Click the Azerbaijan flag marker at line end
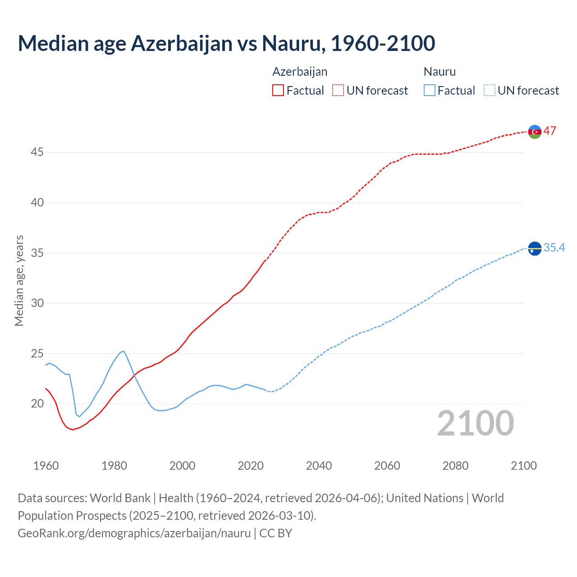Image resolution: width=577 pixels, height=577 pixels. [x=535, y=132]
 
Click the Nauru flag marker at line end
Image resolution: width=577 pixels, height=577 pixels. [x=535, y=248]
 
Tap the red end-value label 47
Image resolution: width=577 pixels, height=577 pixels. [x=550, y=131]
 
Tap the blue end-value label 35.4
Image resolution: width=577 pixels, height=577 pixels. [x=554, y=247]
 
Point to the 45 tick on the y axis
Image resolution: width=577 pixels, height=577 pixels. [x=37, y=152]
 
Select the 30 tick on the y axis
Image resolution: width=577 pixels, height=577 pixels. [x=37, y=303]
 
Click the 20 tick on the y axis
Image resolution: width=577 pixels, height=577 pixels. [x=37, y=404]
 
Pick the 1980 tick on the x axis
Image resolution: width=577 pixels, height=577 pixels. [x=114, y=466]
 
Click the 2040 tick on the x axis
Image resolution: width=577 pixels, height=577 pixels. [x=319, y=466]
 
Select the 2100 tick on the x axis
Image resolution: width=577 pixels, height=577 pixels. [x=523, y=466]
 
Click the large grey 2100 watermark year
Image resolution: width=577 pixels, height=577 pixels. [x=475, y=423]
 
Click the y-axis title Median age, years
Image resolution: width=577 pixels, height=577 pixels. [x=19, y=280]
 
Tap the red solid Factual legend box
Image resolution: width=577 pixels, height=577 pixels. [x=278, y=91]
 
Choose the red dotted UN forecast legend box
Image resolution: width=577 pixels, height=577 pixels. [x=338, y=91]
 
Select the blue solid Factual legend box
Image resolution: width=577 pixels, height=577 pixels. [x=429, y=91]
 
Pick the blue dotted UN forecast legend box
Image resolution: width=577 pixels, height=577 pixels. [x=489, y=91]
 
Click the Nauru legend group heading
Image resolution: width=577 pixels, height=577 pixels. [x=440, y=72]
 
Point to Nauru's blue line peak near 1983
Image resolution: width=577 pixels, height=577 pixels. [x=124, y=351]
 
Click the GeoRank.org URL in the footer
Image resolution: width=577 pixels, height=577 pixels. [x=134, y=533]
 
